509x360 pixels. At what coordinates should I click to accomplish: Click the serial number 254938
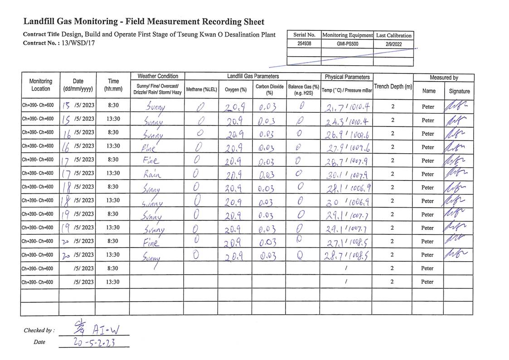(x=304, y=44)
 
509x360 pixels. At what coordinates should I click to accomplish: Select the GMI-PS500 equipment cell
(x=347, y=44)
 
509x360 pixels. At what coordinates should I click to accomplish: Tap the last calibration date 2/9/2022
(x=393, y=44)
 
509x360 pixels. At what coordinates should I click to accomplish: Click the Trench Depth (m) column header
(x=393, y=86)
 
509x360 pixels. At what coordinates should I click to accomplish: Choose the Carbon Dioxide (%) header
(x=269, y=89)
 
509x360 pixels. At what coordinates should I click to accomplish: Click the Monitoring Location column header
(x=40, y=85)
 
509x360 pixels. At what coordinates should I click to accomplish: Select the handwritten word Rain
(x=152, y=174)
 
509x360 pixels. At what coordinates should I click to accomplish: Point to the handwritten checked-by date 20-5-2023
(x=94, y=342)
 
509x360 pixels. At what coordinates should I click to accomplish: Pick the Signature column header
(x=459, y=91)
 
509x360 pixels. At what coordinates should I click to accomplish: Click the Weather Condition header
(x=158, y=76)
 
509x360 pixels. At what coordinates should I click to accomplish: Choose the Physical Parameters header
(x=347, y=77)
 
